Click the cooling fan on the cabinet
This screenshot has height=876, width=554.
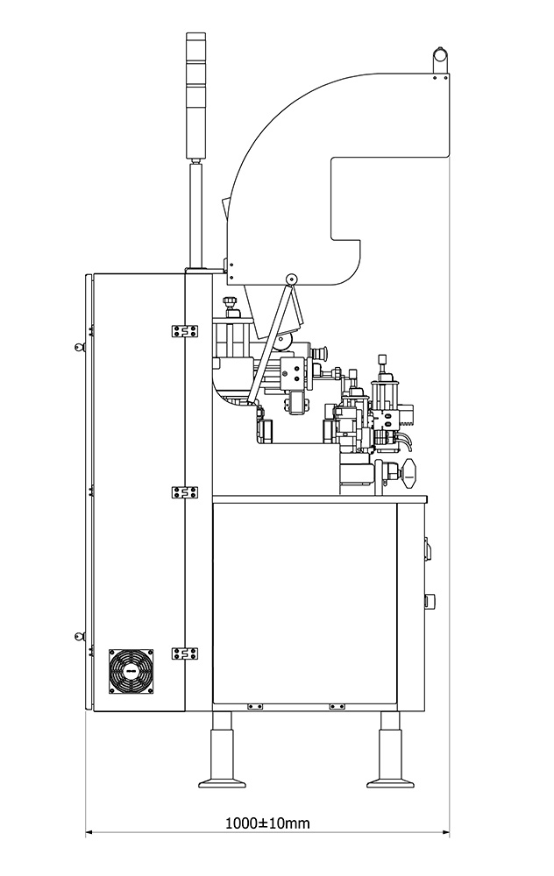pyautogui.click(x=131, y=671)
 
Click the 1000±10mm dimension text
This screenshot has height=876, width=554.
pyautogui.click(x=267, y=823)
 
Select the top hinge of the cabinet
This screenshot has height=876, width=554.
pyautogui.click(x=185, y=331)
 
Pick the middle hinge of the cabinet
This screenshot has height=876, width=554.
pyautogui.click(x=185, y=492)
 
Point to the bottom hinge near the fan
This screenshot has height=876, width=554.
pyautogui.click(x=185, y=653)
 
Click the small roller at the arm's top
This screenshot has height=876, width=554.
pyautogui.click(x=291, y=279)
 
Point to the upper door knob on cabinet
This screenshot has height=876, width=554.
pyautogui.click(x=79, y=347)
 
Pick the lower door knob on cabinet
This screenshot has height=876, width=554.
pyautogui.click(x=79, y=635)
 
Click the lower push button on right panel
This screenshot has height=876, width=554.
pyautogui.click(x=430, y=602)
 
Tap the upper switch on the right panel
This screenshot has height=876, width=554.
pyautogui.click(x=428, y=548)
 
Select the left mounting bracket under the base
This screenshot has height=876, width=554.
pyautogui.click(x=255, y=707)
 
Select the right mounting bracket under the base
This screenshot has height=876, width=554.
pyautogui.click(x=337, y=707)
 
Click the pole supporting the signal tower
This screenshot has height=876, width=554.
pyautogui.click(x=196, y=215)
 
